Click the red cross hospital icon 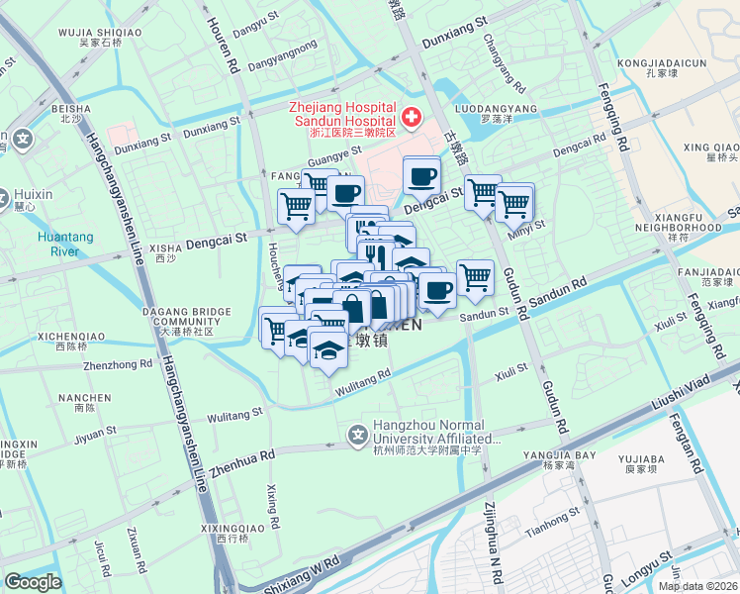pos(411,118)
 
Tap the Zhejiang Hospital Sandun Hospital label pos(342,115)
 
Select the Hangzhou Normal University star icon pos(357,434)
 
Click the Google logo pos(33,581)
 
